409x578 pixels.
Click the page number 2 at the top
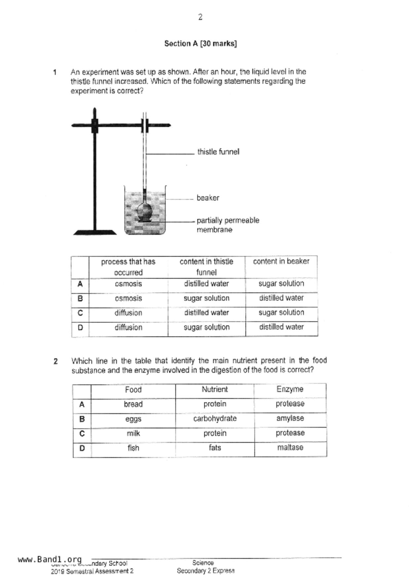(x=200, y=17)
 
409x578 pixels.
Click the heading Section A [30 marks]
(x=200, y=43)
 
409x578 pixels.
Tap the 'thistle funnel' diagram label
(x=218, y=152)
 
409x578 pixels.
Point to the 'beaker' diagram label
(x=208, y=198)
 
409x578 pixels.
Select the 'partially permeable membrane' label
(x=228, y=225)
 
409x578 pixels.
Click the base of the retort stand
(x=95, y=233)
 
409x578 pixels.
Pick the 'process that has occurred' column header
(x=128, y=267)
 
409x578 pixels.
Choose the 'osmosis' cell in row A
(x=128, y=284)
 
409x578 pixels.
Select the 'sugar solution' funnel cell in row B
(x=206, y=298)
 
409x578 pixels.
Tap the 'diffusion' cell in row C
(x=128, y=313)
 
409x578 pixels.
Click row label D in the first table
(x=80, y=328)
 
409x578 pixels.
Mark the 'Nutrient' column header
(x=215, y=390)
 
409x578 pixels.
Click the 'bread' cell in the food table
(x=133, y=404)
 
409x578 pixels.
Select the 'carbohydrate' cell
(x=215, y=419)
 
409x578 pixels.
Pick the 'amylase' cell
(x=290, y=419)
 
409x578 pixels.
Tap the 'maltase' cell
(x=290, y=448)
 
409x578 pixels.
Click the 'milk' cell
(x=133, y=433)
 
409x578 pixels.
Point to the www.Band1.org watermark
(x=50, y=560)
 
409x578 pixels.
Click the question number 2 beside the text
(x=56, y=361)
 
